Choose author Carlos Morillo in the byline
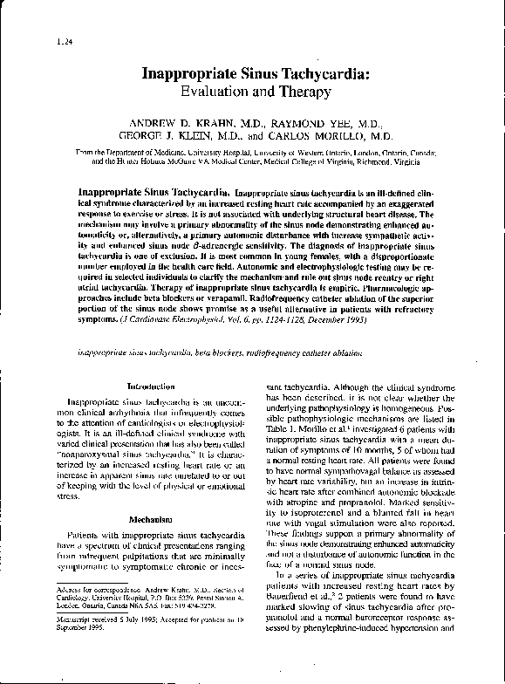coord(331,137)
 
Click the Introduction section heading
coord(151,385)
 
